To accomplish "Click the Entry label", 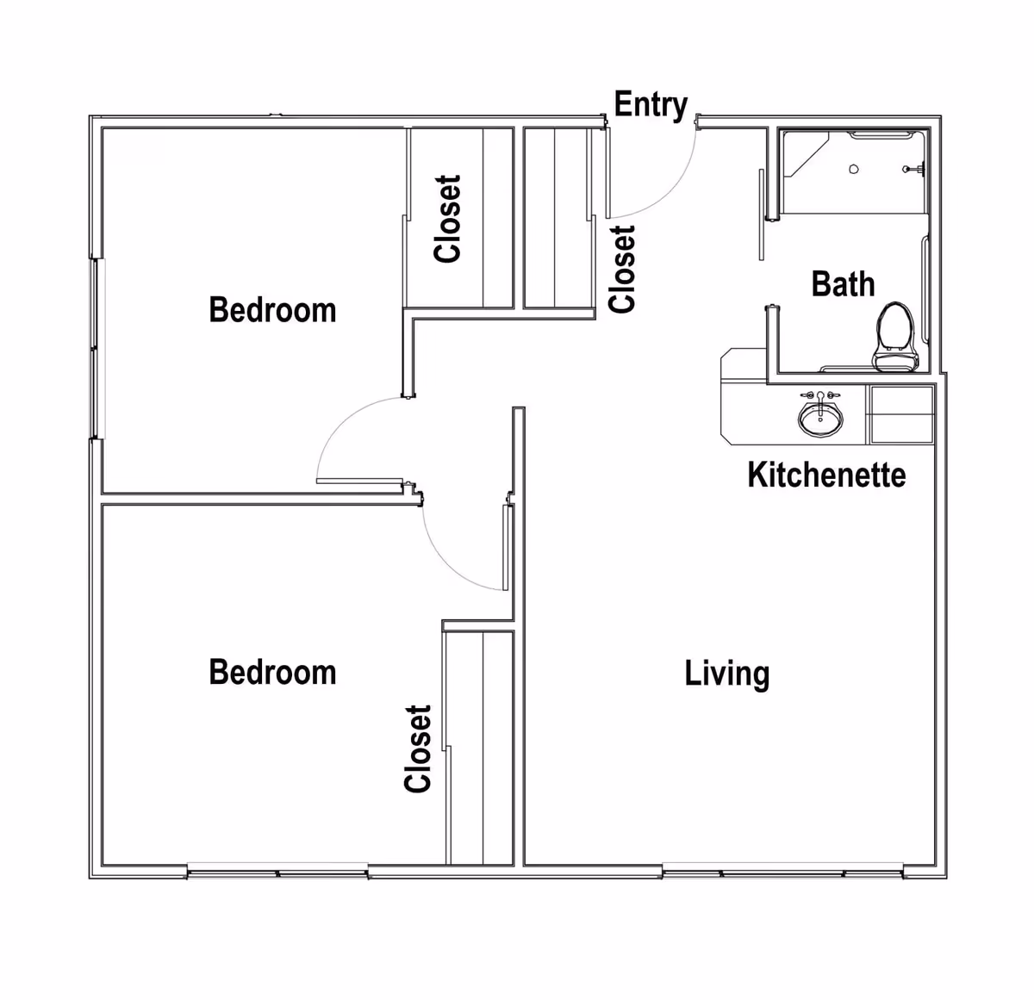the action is pyautogui.click(x=651, y=105).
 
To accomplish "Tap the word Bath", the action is pyautogui.click(x=843, y=284).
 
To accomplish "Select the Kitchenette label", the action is pyautogui.click(x=827, y=475).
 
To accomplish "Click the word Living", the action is pyautogui.click(x=727, y=674).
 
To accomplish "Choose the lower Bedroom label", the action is pyautogui.click(x=272, y=673).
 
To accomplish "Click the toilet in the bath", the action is pyautogui.click(x=896, y=337).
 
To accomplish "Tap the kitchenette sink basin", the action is pyautogui.click(x=820, y=419).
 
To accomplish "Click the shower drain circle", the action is pyautogui.click(x=854, y=169).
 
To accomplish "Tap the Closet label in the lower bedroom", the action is pyautogui.click(x=417, y=748).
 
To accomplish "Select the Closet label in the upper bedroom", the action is pyautogui.click(x=447, y=219).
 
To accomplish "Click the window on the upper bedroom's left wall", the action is pyautogui.click(x=97, y=349).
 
